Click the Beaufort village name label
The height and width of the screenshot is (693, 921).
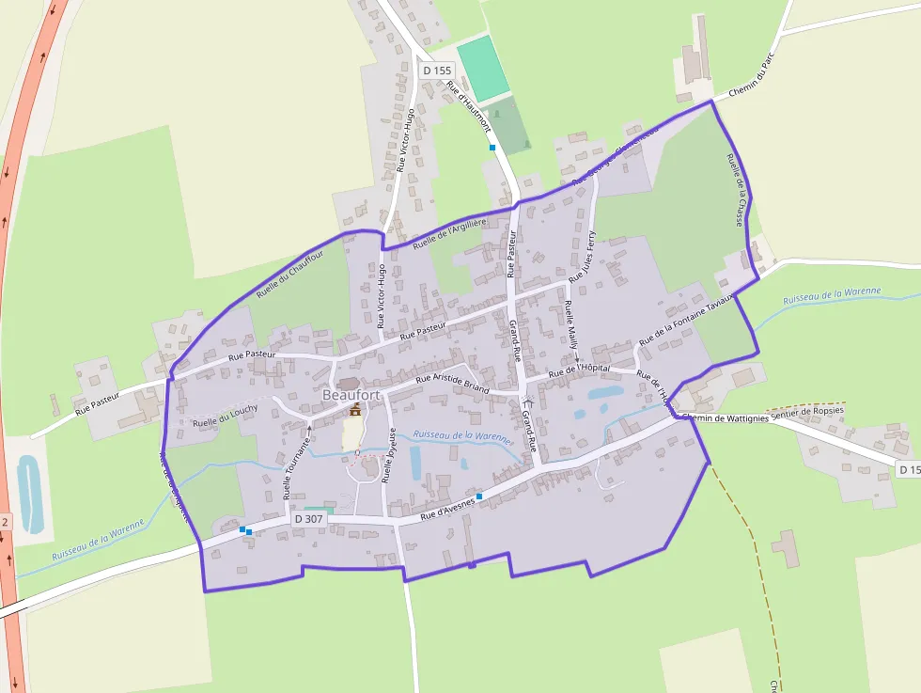[x=351, y=396]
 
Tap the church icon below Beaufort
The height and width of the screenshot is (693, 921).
[x=355, y=410]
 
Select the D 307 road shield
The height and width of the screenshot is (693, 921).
[x=309, y=518]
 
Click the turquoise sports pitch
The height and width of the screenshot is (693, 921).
[x=483, y=70]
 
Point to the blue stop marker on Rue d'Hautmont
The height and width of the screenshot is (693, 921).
[x=492, y=147]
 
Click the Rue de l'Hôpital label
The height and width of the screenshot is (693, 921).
[x=580, y=370]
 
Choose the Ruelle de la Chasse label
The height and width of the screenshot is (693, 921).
[x=737, y=190]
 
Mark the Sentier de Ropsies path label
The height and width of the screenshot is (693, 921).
[x=806, y=411]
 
